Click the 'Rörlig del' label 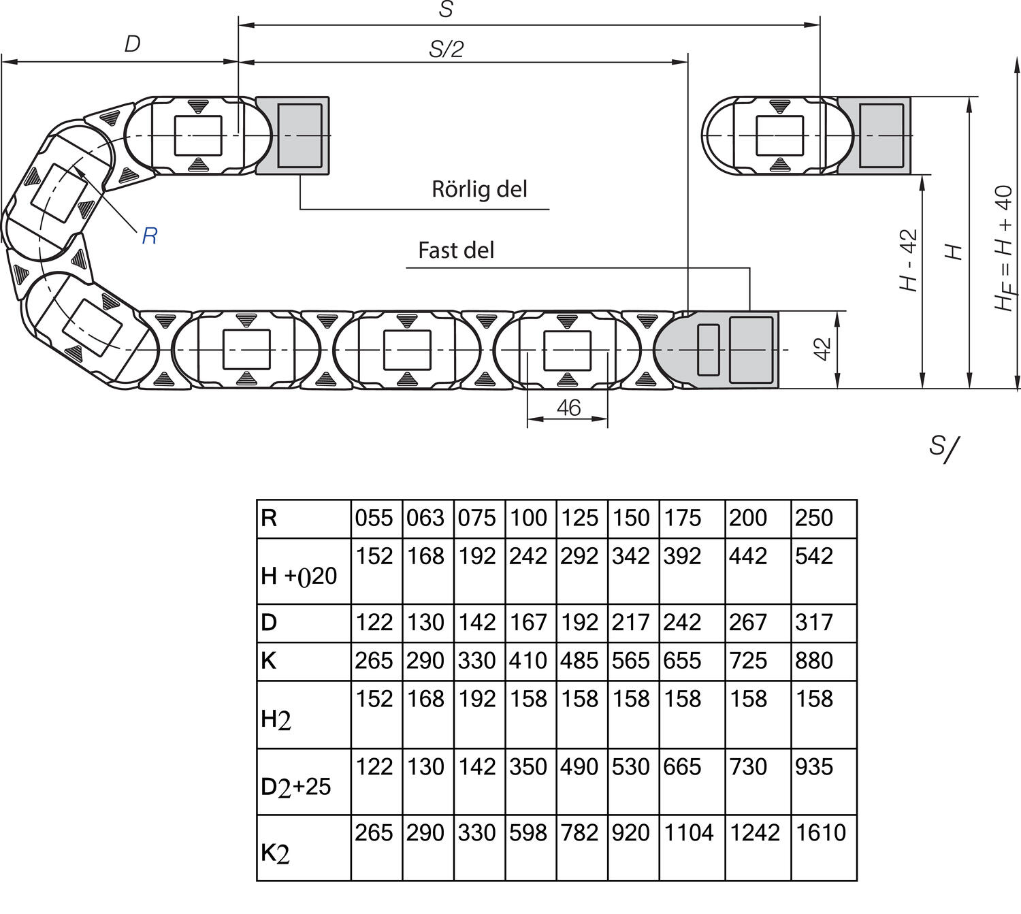[x=479, y=189]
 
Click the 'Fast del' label [x=456, y=250]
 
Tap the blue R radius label [x=150, y=236]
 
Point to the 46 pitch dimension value [x=568, y=408]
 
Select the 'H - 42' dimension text [x=909, y=261]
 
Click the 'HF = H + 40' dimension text [x=1005, y=248]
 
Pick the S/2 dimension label [x=446, y=49]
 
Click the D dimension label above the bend [x=132, y=44]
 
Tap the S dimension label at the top [x=446, y=10]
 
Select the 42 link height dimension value [x=823, y=349]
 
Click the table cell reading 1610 [x=821, y=832]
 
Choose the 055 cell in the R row [x=374, y=519]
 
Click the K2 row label [x=276, y=853]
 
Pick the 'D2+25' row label [x=295, y=787]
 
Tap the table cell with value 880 [x=814, y=661]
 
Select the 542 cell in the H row [x=814, y=557]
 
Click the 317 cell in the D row [x=814, y=623]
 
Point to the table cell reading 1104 [x=689, y=832]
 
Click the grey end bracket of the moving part [x=293, y=135]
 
